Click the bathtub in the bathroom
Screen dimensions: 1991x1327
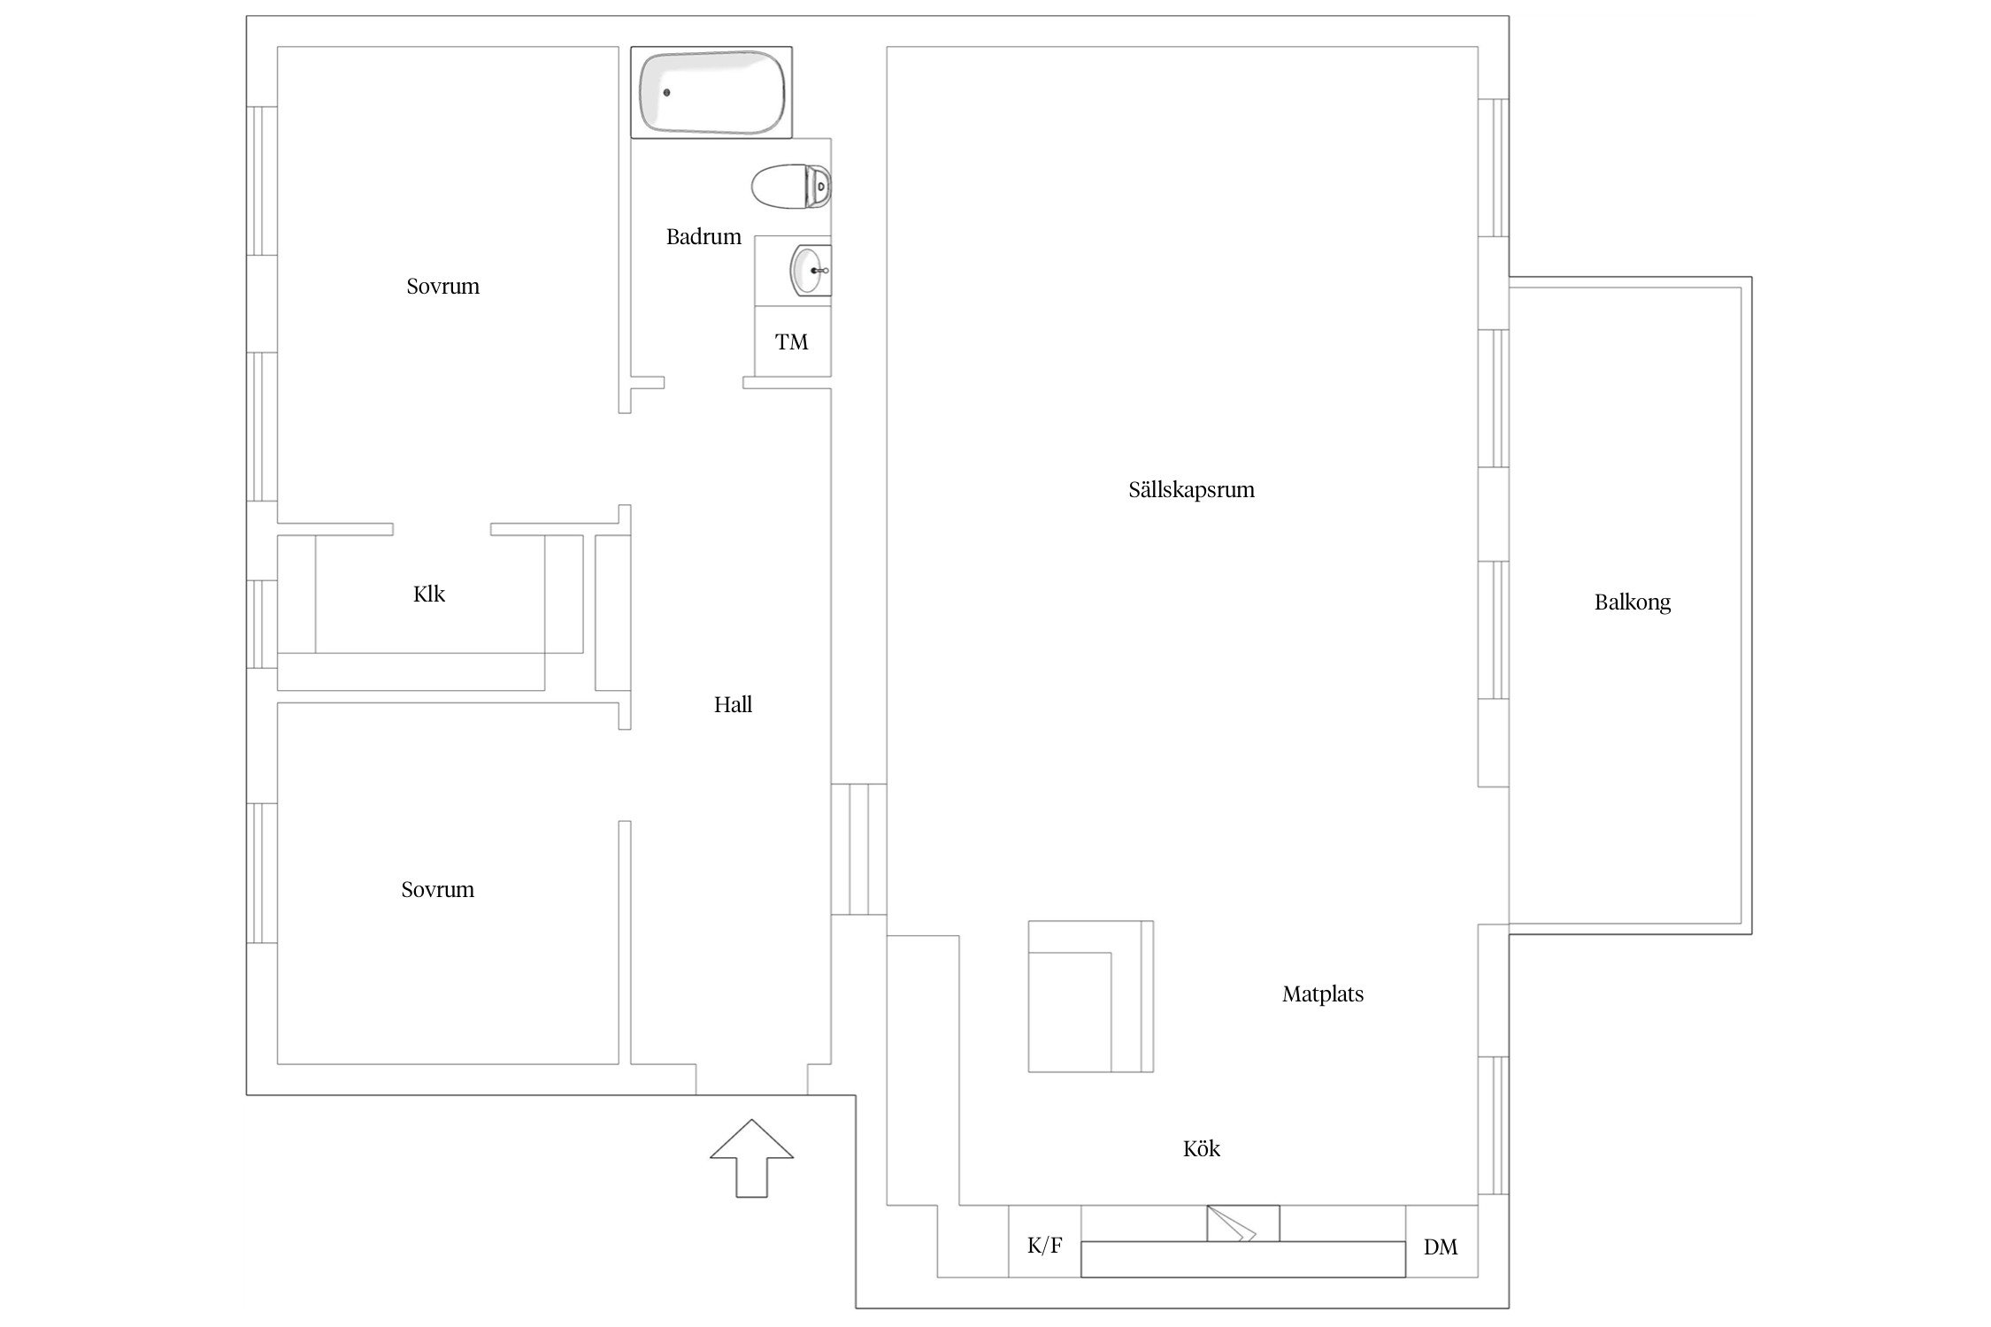click(x=711, y=93)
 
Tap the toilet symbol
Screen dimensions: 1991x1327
click(x=791, y=187)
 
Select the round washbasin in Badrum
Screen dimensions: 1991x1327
click(x=810, y=271)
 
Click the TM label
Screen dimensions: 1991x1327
click(x=792, y=342)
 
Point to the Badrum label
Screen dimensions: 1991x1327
click(x=703, y=237)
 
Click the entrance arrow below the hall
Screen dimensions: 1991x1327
click(x=751, y=1158)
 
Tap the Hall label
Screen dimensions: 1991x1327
click(x=733, y=705)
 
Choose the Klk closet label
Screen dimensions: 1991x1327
click(x=429, y=594)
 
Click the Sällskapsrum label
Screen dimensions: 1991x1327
click(x=1191, y=490)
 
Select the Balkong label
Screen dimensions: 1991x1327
click(x=1633, y=603)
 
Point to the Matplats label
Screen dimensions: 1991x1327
click(x=1323, y=994)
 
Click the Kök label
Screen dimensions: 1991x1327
click(x=1202, y=1148)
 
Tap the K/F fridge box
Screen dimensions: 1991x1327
click(x=1044, y=1241)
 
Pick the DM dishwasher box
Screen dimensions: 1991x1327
click(x=1441, y=1241)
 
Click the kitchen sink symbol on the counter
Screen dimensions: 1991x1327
click(x=1243, y=1223)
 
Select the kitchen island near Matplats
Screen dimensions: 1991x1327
click(x=1090, y=996)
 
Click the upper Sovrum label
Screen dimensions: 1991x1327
click(x=442, y=287)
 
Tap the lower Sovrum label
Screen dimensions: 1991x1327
click(x=437, y=890)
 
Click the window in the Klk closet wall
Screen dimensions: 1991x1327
click(x=262, y=624)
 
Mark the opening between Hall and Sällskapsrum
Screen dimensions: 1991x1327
click(x=858, y=849)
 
